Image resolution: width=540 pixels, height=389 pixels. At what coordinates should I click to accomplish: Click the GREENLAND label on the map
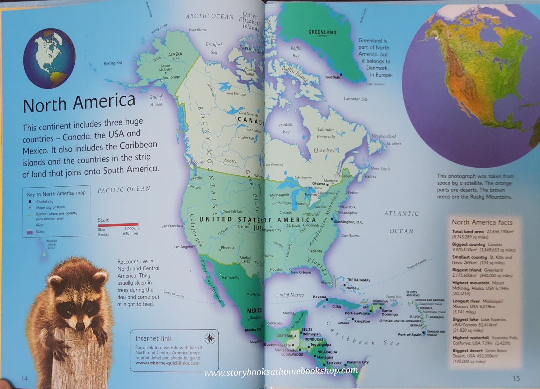[x=322, y=32]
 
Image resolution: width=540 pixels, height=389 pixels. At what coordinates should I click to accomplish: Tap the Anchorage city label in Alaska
[x=171, y=77]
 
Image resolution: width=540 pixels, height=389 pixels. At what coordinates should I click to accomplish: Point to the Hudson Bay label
[x=286, y=128]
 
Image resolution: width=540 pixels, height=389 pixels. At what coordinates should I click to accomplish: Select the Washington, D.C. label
[x=348, y=222]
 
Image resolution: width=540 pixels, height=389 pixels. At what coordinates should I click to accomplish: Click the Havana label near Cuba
[x=319, y=297]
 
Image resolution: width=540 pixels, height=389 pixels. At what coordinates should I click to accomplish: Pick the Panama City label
[x=357, y=362]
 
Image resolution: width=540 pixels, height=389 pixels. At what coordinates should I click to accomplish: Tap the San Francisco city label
[x=172, y=226]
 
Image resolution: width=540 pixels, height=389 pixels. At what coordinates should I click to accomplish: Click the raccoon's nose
[x=80, y=327]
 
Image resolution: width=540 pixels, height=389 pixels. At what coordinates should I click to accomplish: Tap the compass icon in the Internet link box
[x=210, y=338]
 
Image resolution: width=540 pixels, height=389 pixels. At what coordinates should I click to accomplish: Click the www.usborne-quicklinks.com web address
[x=167, y=363]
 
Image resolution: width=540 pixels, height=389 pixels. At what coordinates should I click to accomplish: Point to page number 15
[x=516, y=378]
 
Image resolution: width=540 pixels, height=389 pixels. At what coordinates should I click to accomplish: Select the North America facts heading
[x=482, y=222]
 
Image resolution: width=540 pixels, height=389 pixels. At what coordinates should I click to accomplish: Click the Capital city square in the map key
[x=30, y=201]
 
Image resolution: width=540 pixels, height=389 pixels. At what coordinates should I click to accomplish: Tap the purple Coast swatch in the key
[x=30, y=232]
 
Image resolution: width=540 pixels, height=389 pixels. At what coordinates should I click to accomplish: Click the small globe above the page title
[x=49, y=58]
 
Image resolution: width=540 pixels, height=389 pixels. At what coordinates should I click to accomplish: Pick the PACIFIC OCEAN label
[x=124, y=190]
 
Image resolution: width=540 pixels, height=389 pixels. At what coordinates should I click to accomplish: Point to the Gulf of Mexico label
[x=290, y=295]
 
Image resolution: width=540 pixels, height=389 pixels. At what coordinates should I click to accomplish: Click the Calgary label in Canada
[x=230, y=161]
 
